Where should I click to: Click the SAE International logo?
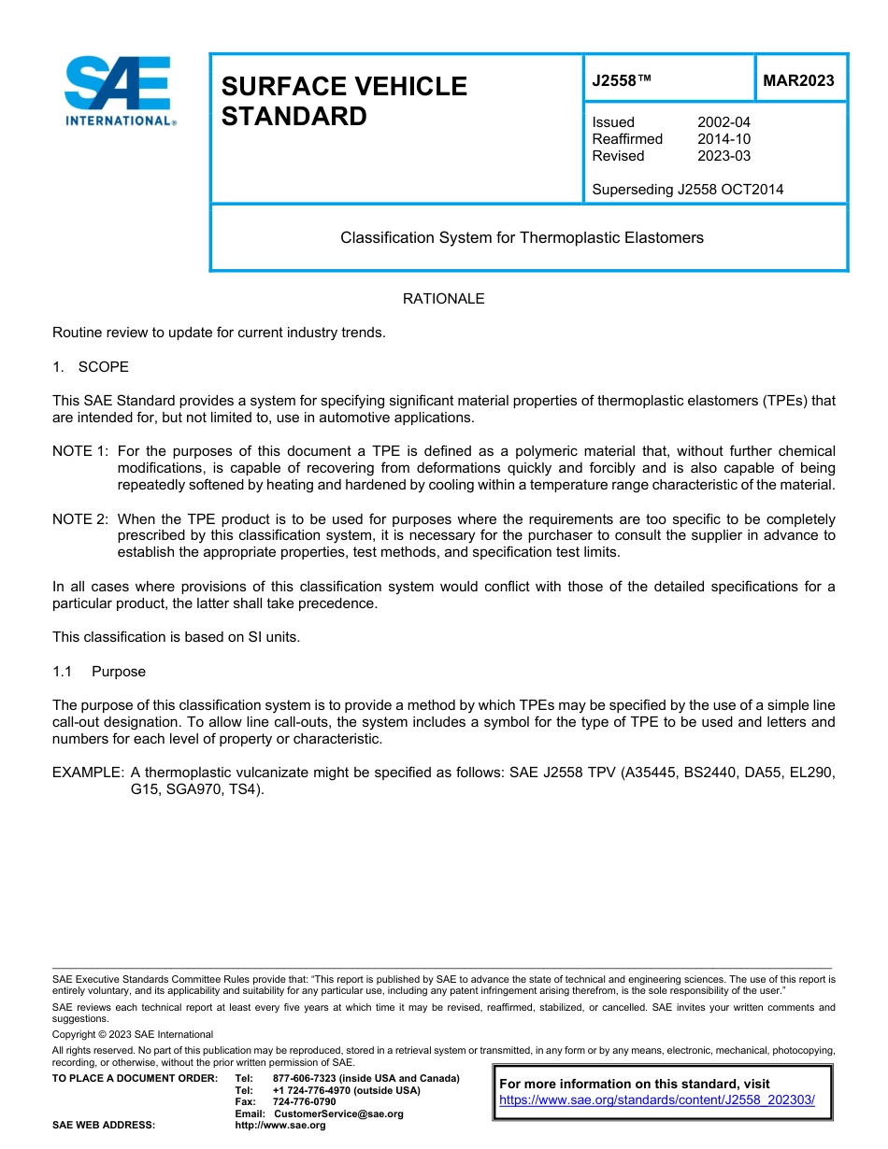point(120,92)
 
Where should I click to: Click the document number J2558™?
point(621,80)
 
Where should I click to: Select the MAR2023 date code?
point(798,80)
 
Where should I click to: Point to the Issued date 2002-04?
point(723,122)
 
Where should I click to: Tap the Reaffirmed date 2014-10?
point(723,139)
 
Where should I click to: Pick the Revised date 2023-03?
point(723,156)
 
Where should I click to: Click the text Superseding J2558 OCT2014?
point(687,190)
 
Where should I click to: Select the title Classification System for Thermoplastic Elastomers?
point(522,238)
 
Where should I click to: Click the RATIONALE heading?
point(443,299)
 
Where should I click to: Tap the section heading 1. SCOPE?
point(91,366)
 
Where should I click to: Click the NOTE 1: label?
point(80,451)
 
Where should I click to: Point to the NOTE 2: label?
point(80,518)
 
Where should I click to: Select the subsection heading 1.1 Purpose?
point(99,672)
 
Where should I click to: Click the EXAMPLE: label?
point(88,773)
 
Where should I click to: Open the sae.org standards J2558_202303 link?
point(657,1100)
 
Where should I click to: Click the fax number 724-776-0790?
point(304,1102)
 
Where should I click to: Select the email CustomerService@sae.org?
point(337,1114)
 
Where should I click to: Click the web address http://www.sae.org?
point(299,1126)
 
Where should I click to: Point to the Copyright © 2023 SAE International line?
point(133,1034)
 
